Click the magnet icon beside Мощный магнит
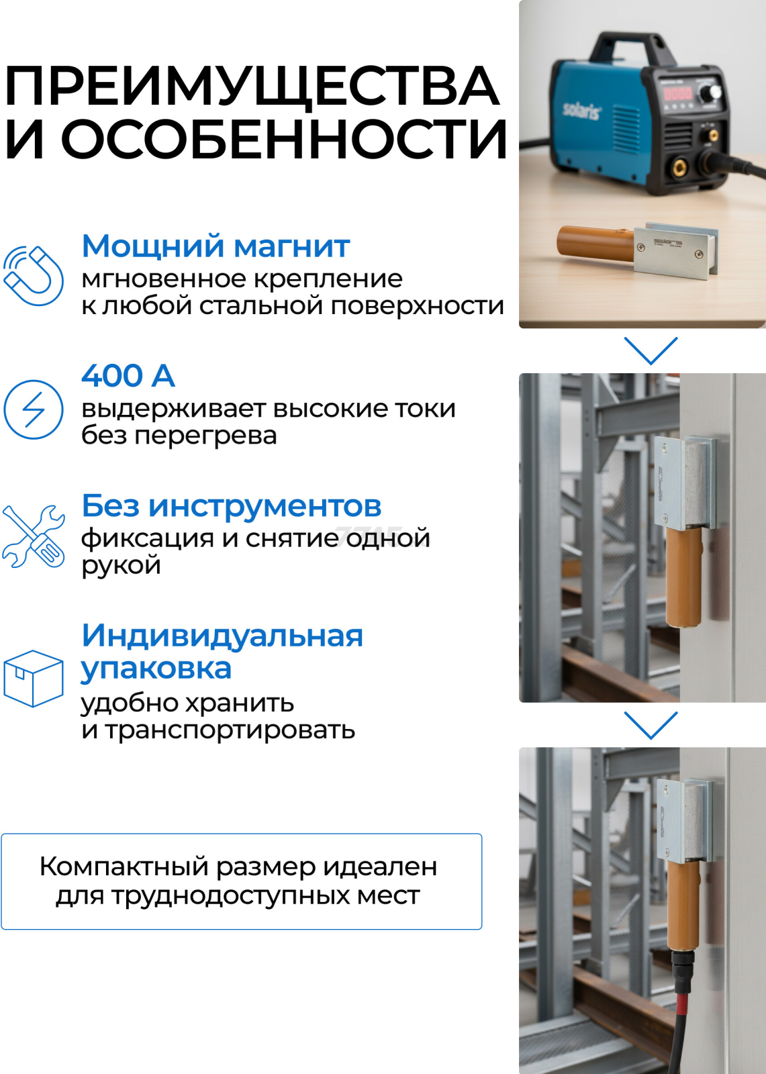tap(33, 275)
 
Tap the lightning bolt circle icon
tap(33, 409)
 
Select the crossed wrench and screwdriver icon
tap(33, 536)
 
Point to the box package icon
tap(33, 679)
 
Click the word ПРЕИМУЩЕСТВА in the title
tap(252, 87)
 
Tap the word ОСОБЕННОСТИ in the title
tap(284, 139)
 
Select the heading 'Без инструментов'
tap(232, 505)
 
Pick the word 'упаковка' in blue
tap(156, 669)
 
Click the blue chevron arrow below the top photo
tap(651, 350)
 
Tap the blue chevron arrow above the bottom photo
tap(651, 725)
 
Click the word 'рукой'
tap(121, 565)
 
